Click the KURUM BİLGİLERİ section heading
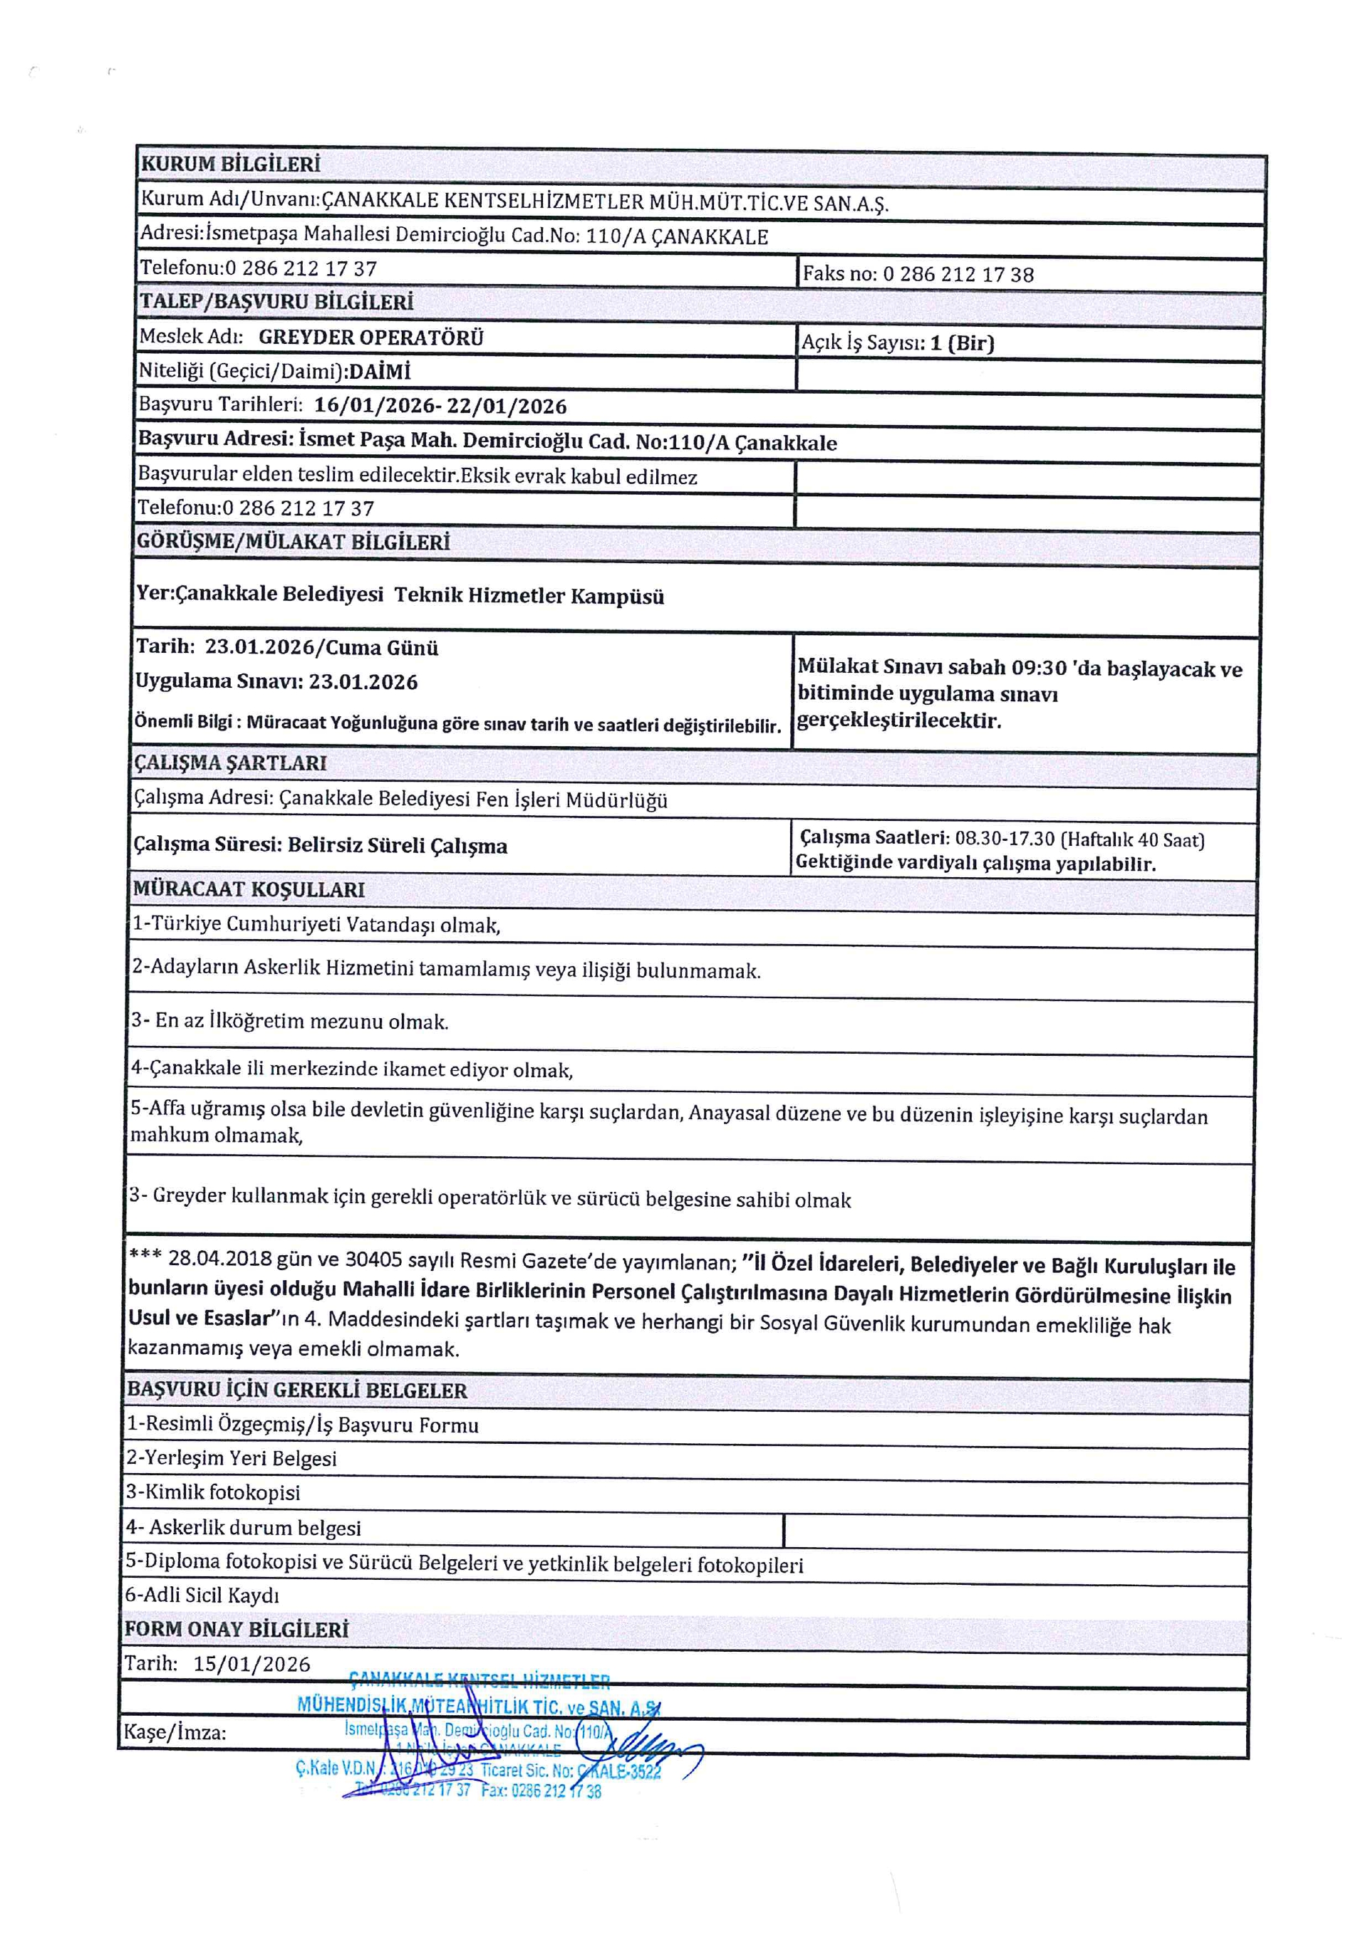(230, 164)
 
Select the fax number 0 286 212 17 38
(958, 274)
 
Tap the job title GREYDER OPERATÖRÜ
(370, 337)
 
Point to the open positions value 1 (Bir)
(962, 343)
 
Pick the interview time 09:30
(1039, 669)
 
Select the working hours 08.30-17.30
(1004, 839)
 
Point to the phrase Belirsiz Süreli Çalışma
(397, 845)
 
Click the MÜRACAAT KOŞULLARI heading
(249, 889)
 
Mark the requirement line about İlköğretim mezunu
(290, 1021)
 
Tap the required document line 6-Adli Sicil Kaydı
(202, 1596)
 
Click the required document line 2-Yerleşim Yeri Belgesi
(232, 1458)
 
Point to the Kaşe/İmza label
(175, 1733)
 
